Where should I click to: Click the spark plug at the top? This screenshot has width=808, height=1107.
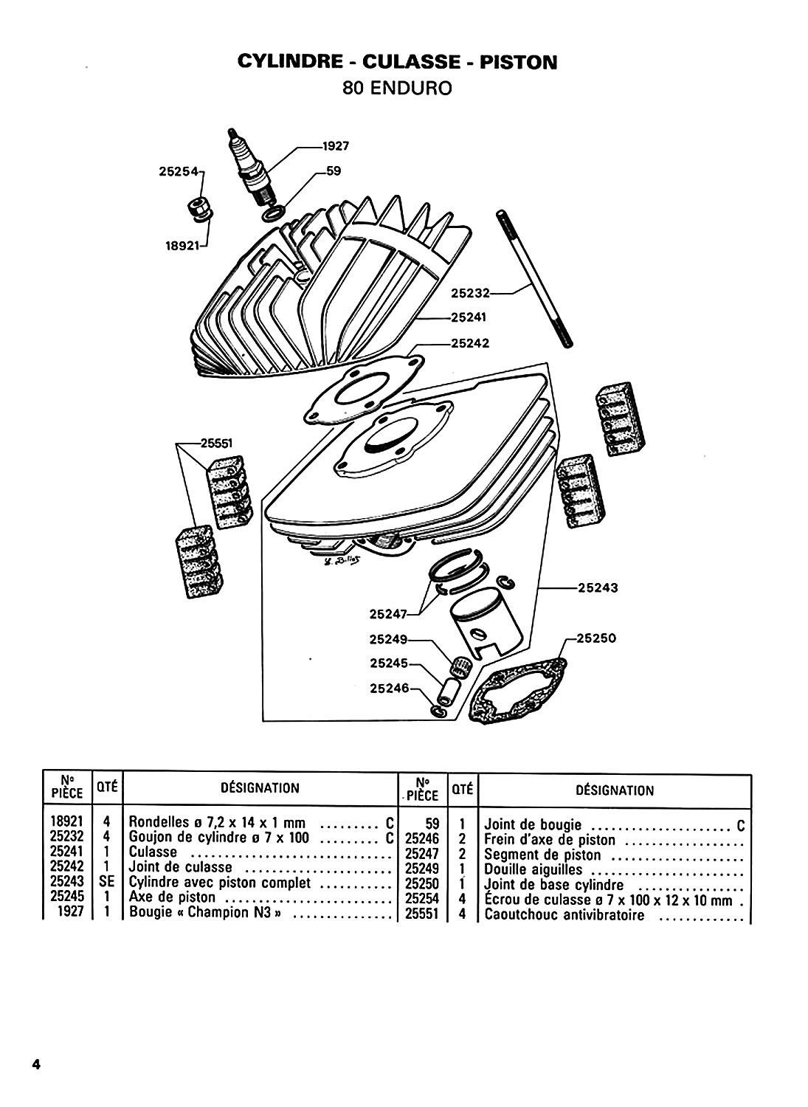(250, 168)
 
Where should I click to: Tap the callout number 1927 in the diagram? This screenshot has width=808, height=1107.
(334, 146)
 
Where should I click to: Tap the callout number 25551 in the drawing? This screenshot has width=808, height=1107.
(215, 444)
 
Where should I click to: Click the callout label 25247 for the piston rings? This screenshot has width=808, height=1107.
(387, 613)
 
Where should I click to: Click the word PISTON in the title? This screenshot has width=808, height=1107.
(517, 62)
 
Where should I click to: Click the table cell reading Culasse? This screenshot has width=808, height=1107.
(153, 851)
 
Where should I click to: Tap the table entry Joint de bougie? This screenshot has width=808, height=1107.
(533, 824)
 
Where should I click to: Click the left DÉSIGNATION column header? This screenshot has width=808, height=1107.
(260, 787)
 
